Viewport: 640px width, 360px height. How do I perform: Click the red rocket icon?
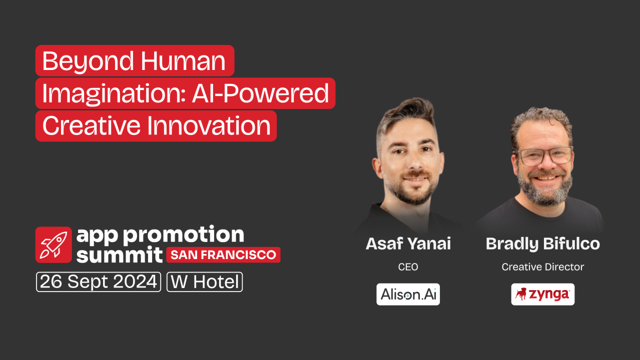pos(53,245)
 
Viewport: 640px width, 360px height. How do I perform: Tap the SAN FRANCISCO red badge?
pos(223,255)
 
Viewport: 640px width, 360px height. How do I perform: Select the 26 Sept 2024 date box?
pos(98,282)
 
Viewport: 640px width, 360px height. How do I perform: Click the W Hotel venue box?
pos(205,282)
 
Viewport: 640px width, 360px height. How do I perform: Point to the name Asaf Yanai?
pos(408,244)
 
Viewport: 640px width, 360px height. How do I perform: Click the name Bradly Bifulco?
pos(543,244)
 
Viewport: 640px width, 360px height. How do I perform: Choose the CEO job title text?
pos(408,267)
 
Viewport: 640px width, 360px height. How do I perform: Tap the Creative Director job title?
pos(543,267)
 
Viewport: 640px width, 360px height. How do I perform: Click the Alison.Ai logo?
pos(408,294)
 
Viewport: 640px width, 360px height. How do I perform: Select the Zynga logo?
pos(543,294)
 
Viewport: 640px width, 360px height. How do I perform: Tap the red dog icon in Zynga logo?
pos(521,294)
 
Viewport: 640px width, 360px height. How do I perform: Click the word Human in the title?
pos(183,61)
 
